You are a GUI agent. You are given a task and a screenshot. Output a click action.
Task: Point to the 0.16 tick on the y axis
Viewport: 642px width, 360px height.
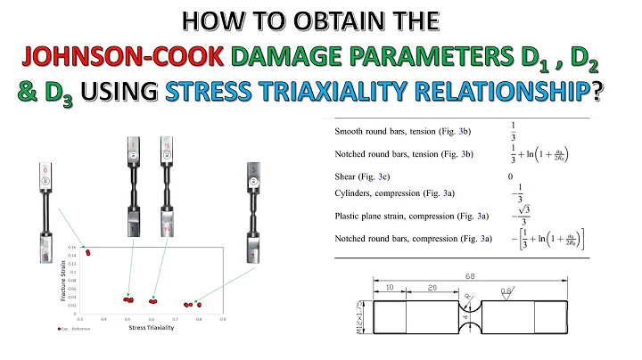(73, 246)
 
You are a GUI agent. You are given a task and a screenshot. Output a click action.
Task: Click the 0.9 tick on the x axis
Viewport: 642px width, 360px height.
(222, 318)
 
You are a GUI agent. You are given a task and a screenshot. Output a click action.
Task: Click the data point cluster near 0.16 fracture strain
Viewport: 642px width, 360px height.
(87, 252)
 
